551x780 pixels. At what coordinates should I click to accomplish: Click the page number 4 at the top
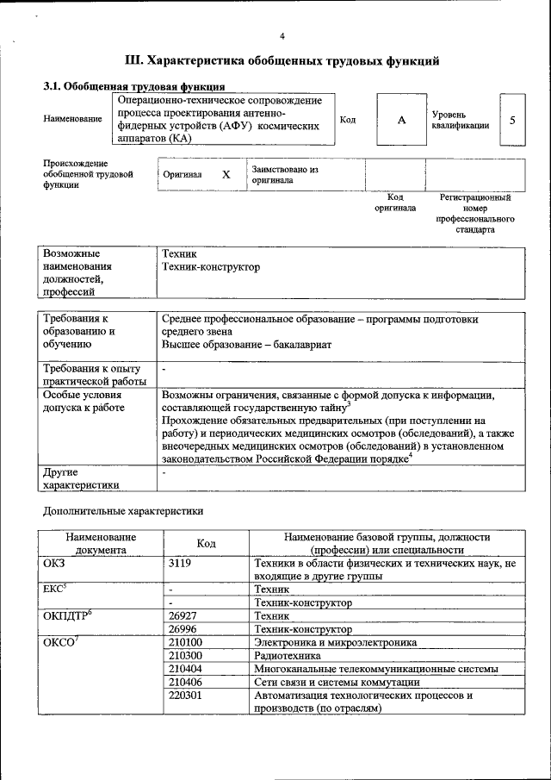point(282,35)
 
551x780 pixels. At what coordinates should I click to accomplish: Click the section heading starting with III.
point(282,61)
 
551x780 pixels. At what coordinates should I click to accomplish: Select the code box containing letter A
point(401,121)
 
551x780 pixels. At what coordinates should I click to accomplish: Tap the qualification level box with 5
point(513,121)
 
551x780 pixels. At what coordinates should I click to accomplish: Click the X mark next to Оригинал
point(226,174)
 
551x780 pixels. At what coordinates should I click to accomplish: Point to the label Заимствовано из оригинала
point(284,175)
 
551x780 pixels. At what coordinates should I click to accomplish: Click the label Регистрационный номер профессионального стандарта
point(475,214)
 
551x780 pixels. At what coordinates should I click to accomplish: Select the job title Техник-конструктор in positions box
point(211,268)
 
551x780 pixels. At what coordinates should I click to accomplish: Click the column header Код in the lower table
point(206,543)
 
